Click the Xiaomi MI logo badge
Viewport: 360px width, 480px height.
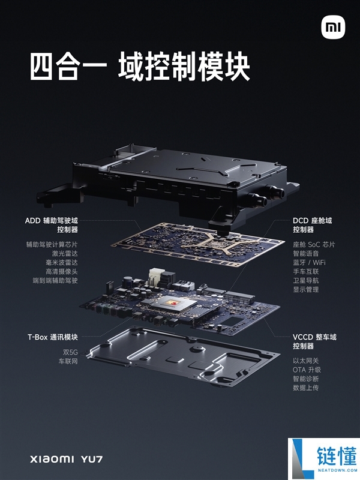pyautogui.click(x=332, y=28)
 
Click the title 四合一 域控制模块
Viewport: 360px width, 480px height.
pyautogui.click(x=140, y=68)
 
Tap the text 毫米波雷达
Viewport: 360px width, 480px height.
pyautogui.click(x=61, y=263)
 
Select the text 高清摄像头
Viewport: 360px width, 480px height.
pyautogui.click(x=61, y=272)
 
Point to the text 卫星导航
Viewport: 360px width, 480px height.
pyautogui.click(x=305, y=281)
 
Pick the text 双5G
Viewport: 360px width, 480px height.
pyautogui.click(x=67, y=352)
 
